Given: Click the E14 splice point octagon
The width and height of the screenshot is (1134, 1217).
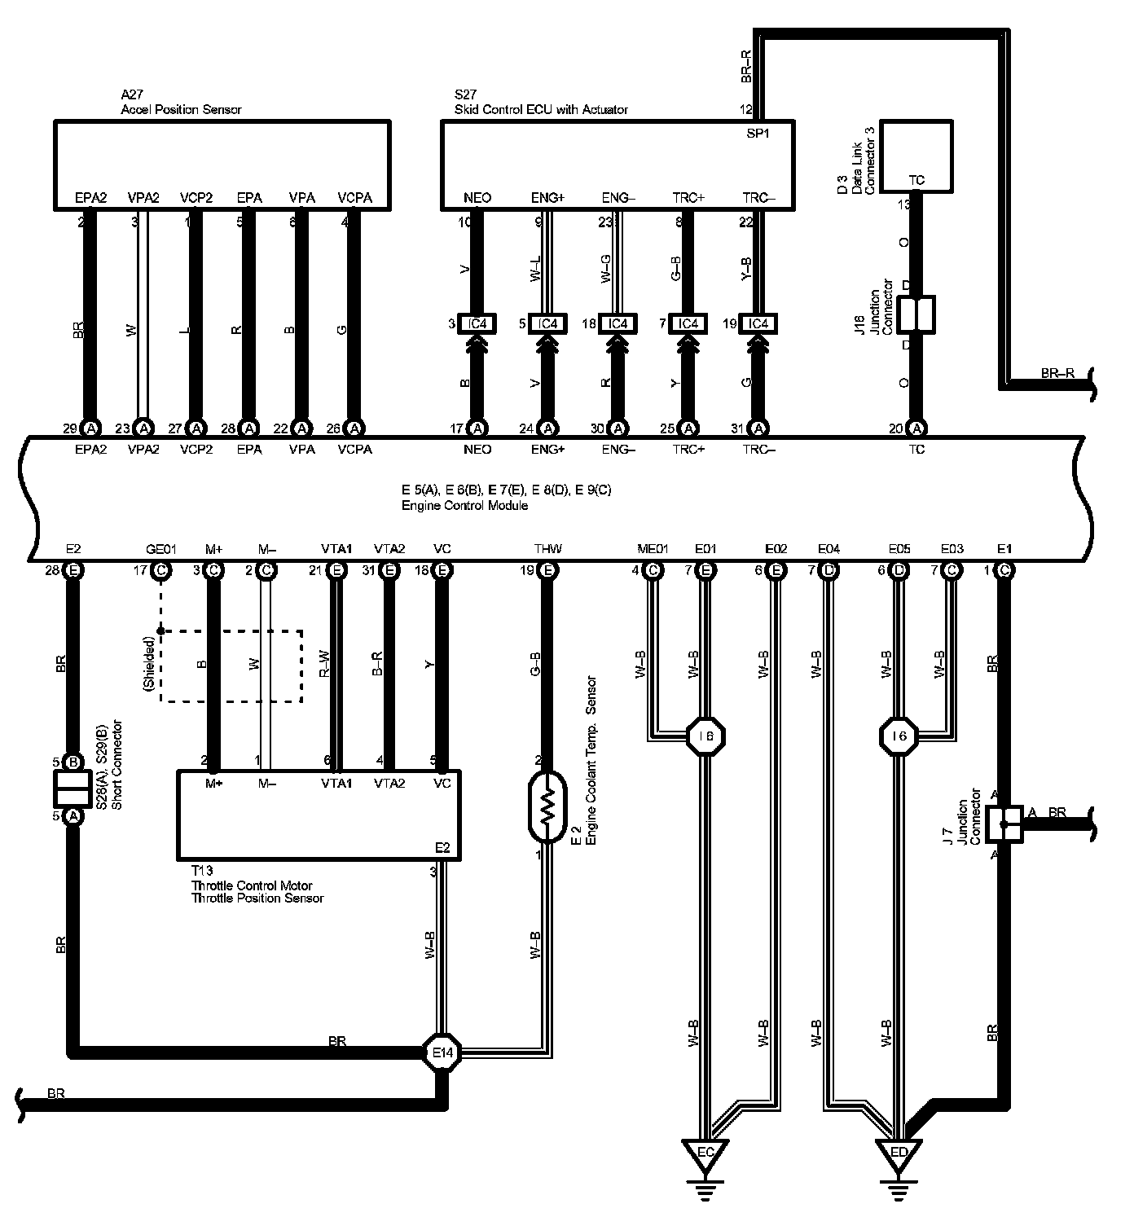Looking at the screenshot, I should pos(442,1052).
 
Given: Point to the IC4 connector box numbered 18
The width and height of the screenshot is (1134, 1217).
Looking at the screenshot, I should pos(618,323).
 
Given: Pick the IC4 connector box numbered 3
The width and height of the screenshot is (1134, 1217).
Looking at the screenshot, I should pos(477,323).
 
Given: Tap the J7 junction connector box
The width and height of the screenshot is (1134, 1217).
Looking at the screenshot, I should pos(1004,824).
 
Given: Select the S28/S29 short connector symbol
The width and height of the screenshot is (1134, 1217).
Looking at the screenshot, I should pos(73,789).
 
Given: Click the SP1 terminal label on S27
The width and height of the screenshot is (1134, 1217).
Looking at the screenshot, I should pos(758,134).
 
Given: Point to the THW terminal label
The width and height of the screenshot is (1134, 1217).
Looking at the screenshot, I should pos(547,549).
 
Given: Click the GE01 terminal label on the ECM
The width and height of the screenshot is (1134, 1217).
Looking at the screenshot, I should pos(160,549).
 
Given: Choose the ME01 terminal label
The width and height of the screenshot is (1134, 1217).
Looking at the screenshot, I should pos(652,549).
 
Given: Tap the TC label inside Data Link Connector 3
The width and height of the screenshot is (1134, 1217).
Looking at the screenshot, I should pos(916,180).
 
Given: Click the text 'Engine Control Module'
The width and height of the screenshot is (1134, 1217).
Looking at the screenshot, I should pos(464,505).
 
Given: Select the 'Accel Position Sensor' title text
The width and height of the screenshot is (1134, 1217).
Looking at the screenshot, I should pos(181,109).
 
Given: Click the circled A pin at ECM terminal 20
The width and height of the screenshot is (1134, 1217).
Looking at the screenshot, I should pos(917,428).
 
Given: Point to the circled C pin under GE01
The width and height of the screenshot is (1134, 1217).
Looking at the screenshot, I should pos(161,570).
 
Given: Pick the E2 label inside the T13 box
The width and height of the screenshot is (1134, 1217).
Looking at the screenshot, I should pos(442,848).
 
